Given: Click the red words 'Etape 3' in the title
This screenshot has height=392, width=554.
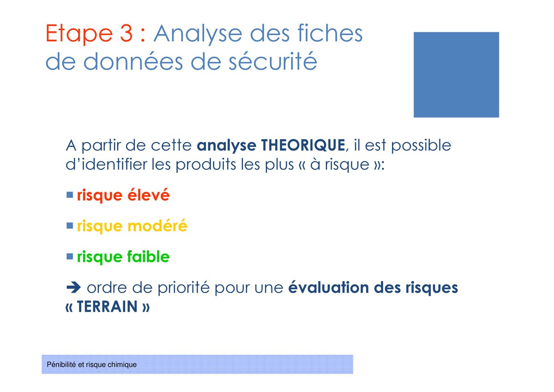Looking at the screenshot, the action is click(x=89, y=34).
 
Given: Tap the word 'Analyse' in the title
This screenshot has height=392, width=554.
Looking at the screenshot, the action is click(x=198, y=34).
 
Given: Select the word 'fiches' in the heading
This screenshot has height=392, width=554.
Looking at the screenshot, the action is click(x=330, y=33).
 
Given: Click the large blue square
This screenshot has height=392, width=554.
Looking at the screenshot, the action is click(x=456, y=74).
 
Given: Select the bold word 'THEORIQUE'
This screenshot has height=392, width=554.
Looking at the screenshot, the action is click(x=303, y=145).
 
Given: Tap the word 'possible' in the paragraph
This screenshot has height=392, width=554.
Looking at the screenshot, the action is click(x=421, y=146).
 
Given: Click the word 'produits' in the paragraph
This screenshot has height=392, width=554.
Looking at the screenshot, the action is click(x=205, y=165).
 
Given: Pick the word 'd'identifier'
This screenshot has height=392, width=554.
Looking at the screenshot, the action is click(x=106, y=164).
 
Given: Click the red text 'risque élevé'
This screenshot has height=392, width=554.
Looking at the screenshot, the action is click(x=123, y=196).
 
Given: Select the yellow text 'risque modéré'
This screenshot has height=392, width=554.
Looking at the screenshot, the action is click(x=132, y=226).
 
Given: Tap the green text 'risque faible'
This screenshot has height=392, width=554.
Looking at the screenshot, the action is click(x=123, y=257).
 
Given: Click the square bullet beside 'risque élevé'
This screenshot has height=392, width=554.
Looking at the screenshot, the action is click(x=70, y=195).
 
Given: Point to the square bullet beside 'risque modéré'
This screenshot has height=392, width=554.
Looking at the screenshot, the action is click(x=70, y=225).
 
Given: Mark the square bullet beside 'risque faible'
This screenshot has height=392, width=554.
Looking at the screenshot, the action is click(x=70, y=256).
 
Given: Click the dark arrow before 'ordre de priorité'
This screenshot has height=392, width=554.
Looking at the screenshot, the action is click(x=73, y=288).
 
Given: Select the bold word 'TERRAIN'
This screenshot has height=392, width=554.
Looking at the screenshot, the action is click(x=107, y=306).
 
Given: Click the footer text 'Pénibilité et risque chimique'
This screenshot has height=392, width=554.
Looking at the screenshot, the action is click(x=91, y=365).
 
